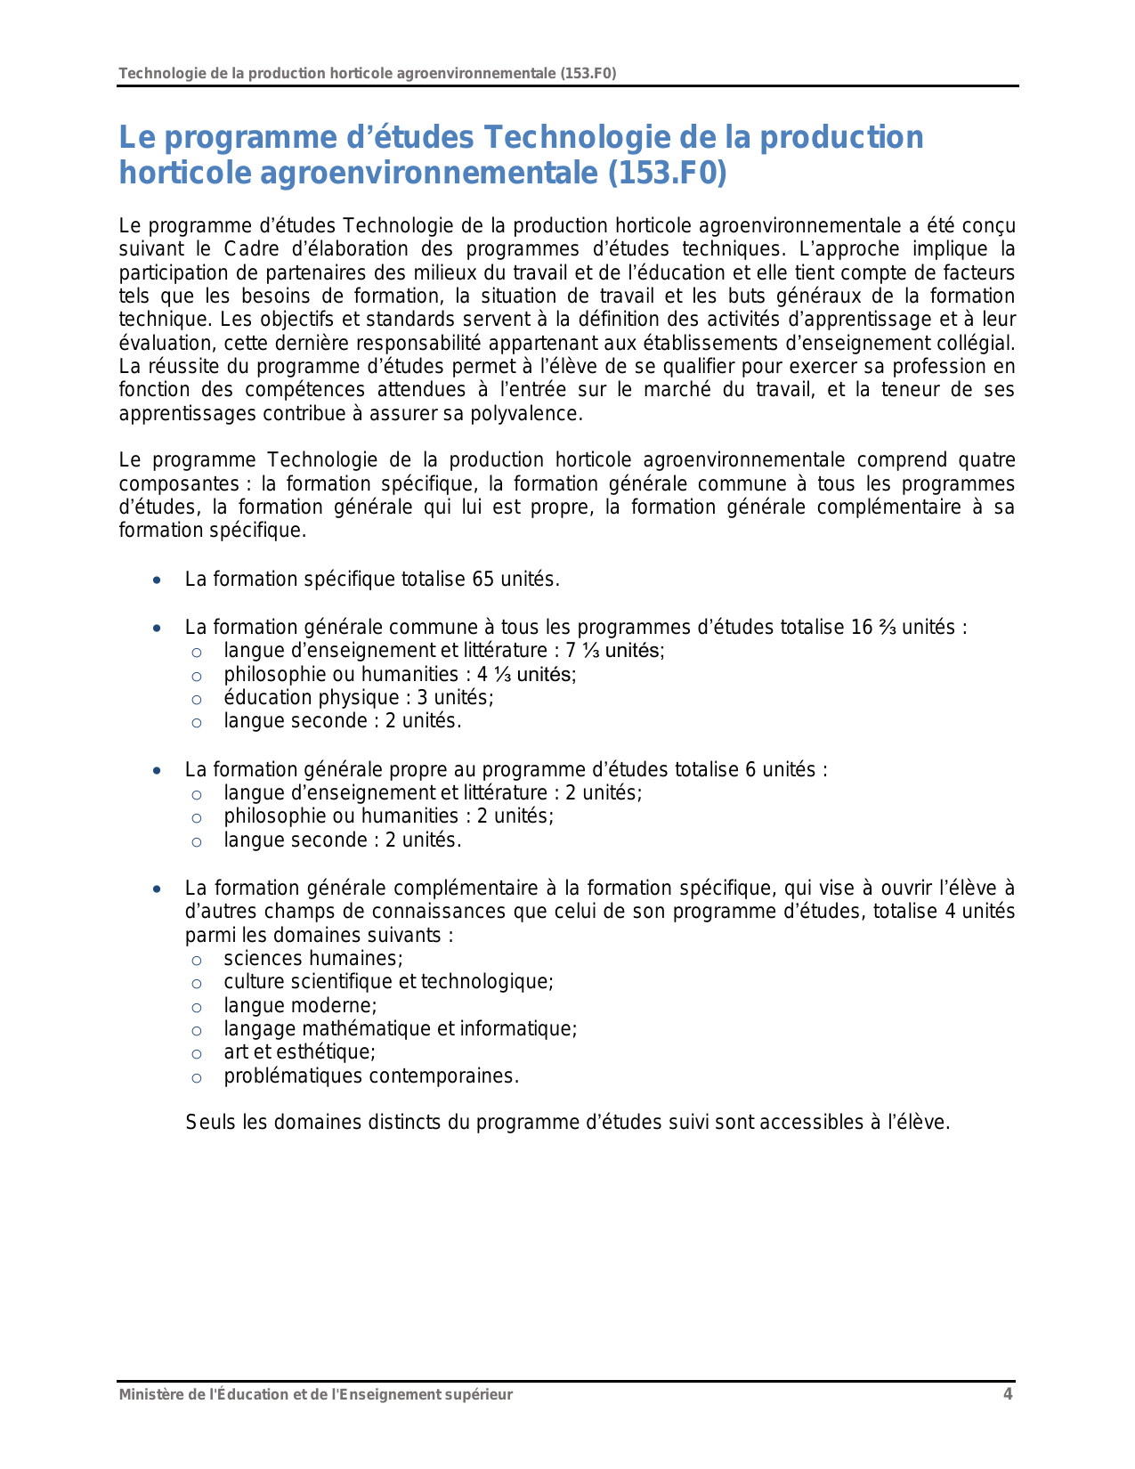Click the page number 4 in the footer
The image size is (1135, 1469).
tap(1008, 1394)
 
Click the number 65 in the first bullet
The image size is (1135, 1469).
tap(483, 580)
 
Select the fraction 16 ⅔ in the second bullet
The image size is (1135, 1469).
tap(873, 627)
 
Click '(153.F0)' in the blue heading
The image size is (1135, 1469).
tap(667, 173)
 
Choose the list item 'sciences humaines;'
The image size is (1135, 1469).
tap(313, 958)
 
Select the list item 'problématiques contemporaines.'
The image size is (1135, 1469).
tap(371, 1075)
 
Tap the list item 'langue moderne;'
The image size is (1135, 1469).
tap(300, 1005)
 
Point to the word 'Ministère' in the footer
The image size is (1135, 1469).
tap(150, 1394)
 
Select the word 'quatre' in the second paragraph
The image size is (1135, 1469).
tap(986, 460)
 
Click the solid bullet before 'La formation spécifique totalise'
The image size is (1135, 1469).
tap(158, 580)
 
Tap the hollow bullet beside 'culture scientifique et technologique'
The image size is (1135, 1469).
tap(197, 983)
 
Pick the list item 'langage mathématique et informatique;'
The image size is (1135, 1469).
tap(400, 1028)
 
